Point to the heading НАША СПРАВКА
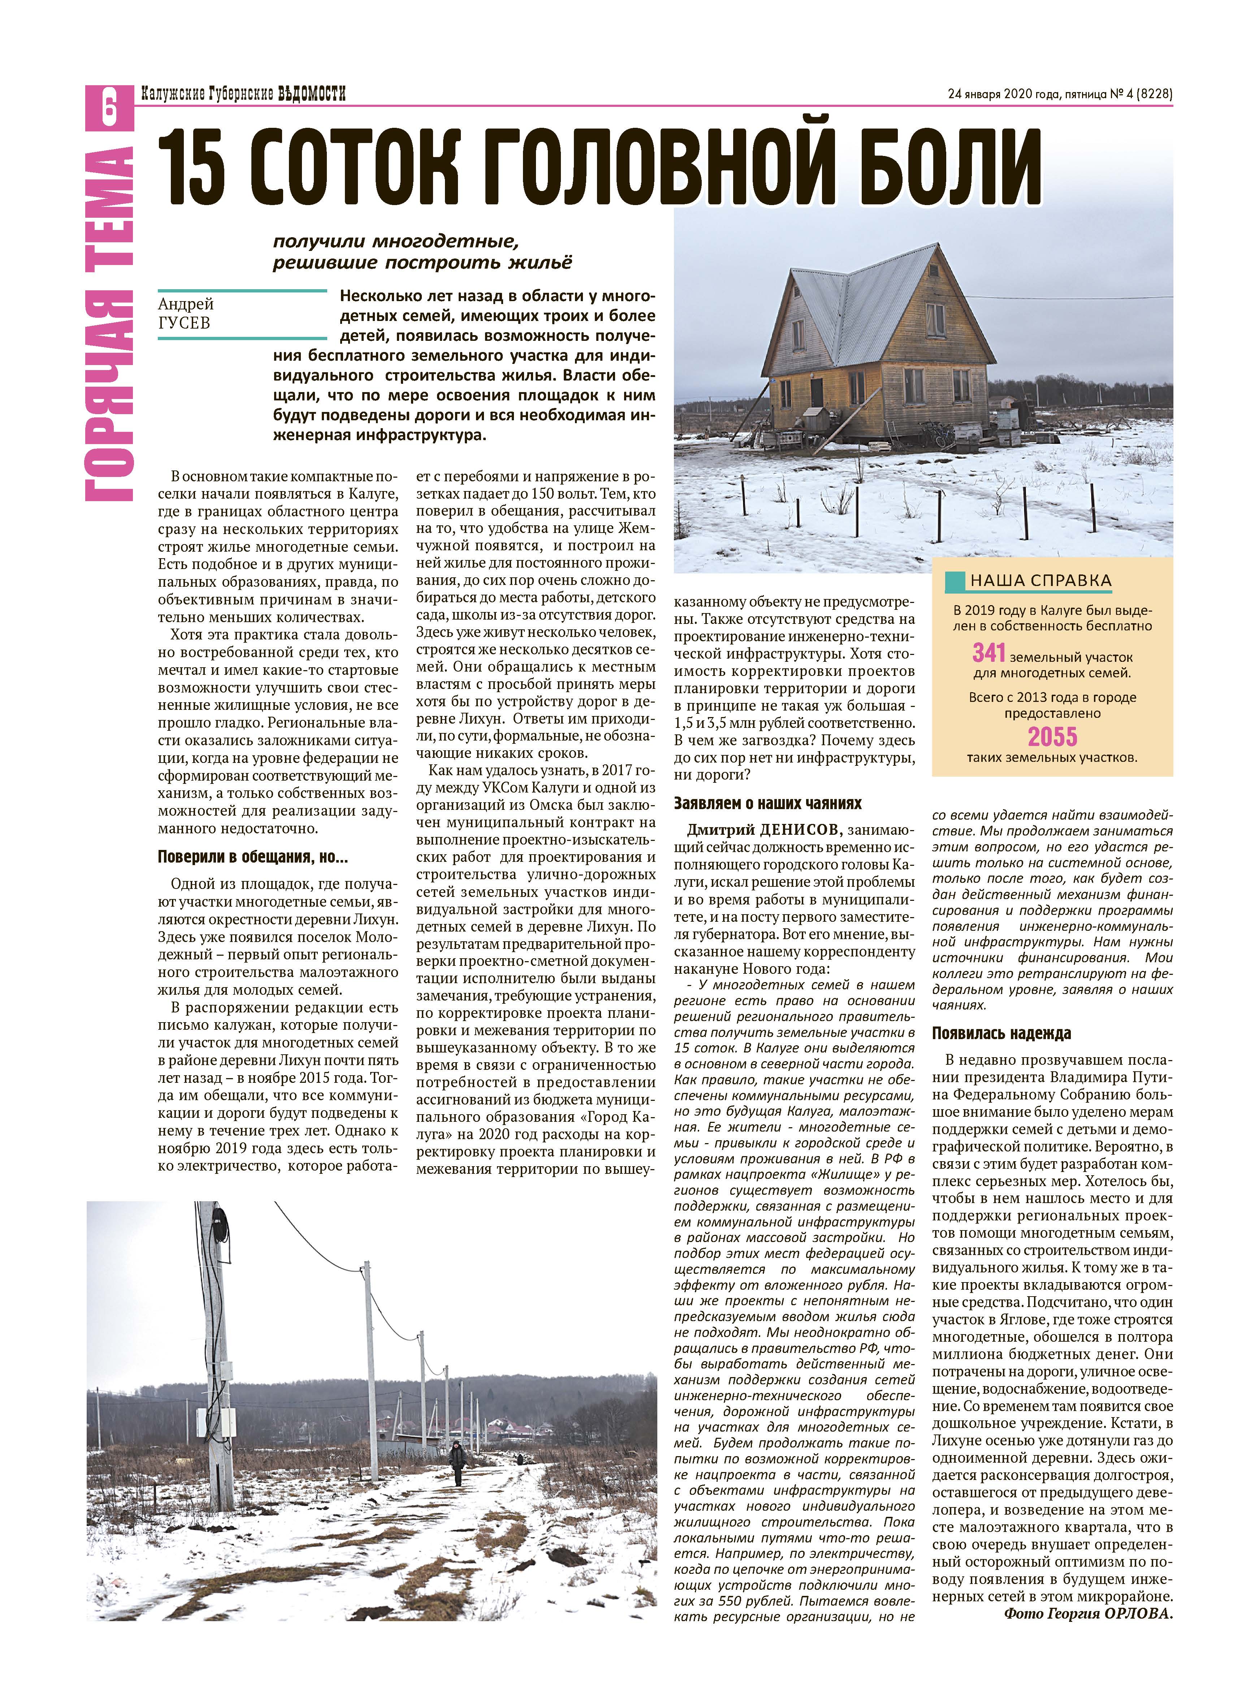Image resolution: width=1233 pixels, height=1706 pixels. coord(1041,580)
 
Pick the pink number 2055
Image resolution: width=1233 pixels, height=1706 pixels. coord(1052,736)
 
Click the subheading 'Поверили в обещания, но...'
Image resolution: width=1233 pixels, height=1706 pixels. coord(253,857)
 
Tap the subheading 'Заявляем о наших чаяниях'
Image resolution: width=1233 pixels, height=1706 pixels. coord(767,803)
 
